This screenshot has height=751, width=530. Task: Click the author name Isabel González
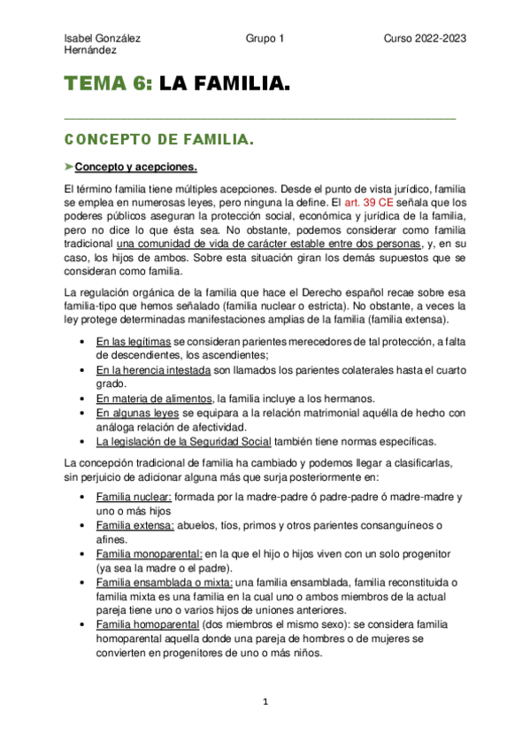point(103,39)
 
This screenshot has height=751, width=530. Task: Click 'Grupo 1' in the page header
point(265,39)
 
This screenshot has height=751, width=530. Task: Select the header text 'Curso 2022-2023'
point(425,39)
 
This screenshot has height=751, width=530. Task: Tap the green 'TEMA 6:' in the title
point(107,86)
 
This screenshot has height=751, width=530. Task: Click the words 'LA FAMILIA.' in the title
point(225,86)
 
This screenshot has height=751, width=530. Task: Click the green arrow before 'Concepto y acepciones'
point(70,167)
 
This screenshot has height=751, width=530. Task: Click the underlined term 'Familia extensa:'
point(134,525)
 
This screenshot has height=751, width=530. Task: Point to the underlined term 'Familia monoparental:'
point(148,554)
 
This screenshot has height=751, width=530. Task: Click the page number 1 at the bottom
point(265,702)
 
